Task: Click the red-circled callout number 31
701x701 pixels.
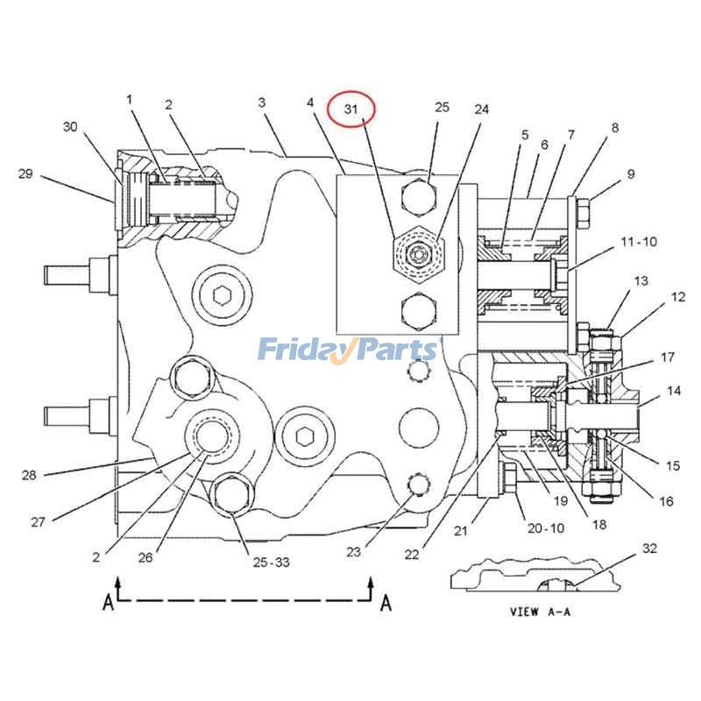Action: [351, 110]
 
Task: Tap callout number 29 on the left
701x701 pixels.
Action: [25, 173]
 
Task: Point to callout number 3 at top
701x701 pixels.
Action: [261, 103]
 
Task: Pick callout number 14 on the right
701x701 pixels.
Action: [673, 391]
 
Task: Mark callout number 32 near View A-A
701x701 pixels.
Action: [648, 549]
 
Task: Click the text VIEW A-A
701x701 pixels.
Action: [540, 612]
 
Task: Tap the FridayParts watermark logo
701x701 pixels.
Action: [347, 350]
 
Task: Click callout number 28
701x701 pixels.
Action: [29, 475]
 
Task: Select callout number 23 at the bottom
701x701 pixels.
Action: [353, 552]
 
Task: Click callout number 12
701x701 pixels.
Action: [678, 297]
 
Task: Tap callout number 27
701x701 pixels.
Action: [38, 522]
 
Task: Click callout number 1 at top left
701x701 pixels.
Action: [129, 100]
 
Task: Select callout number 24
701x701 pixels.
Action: [482, 110]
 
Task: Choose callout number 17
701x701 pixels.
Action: [668, 357]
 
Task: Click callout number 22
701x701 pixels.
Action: [412, 554]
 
